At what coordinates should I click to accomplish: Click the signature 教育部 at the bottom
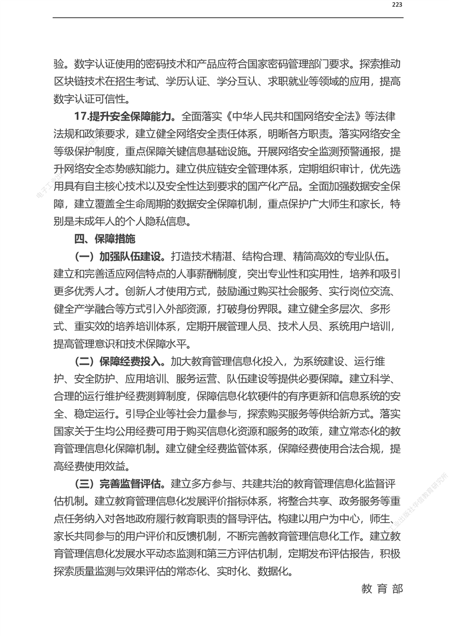(x=382, y=588)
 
